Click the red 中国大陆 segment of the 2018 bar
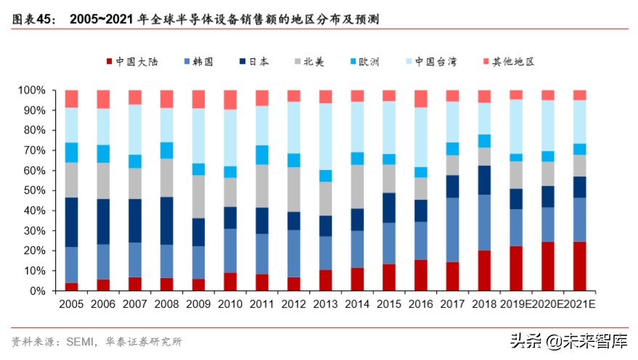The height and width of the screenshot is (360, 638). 483,270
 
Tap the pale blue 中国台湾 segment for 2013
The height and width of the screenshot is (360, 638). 325,136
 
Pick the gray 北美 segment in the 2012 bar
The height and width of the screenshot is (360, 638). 293,189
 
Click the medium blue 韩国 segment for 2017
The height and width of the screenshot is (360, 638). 452,229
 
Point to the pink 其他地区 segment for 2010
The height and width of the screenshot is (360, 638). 230,99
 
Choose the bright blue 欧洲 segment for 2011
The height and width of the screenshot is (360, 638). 261,155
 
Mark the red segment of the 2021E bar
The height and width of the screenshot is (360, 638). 579,266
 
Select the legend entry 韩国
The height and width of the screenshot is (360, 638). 197,62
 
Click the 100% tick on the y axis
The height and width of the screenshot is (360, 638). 32,91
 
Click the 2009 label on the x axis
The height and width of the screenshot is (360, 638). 198,305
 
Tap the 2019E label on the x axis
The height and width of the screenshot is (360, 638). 515,305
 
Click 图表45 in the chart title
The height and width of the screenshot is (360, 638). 33,20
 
